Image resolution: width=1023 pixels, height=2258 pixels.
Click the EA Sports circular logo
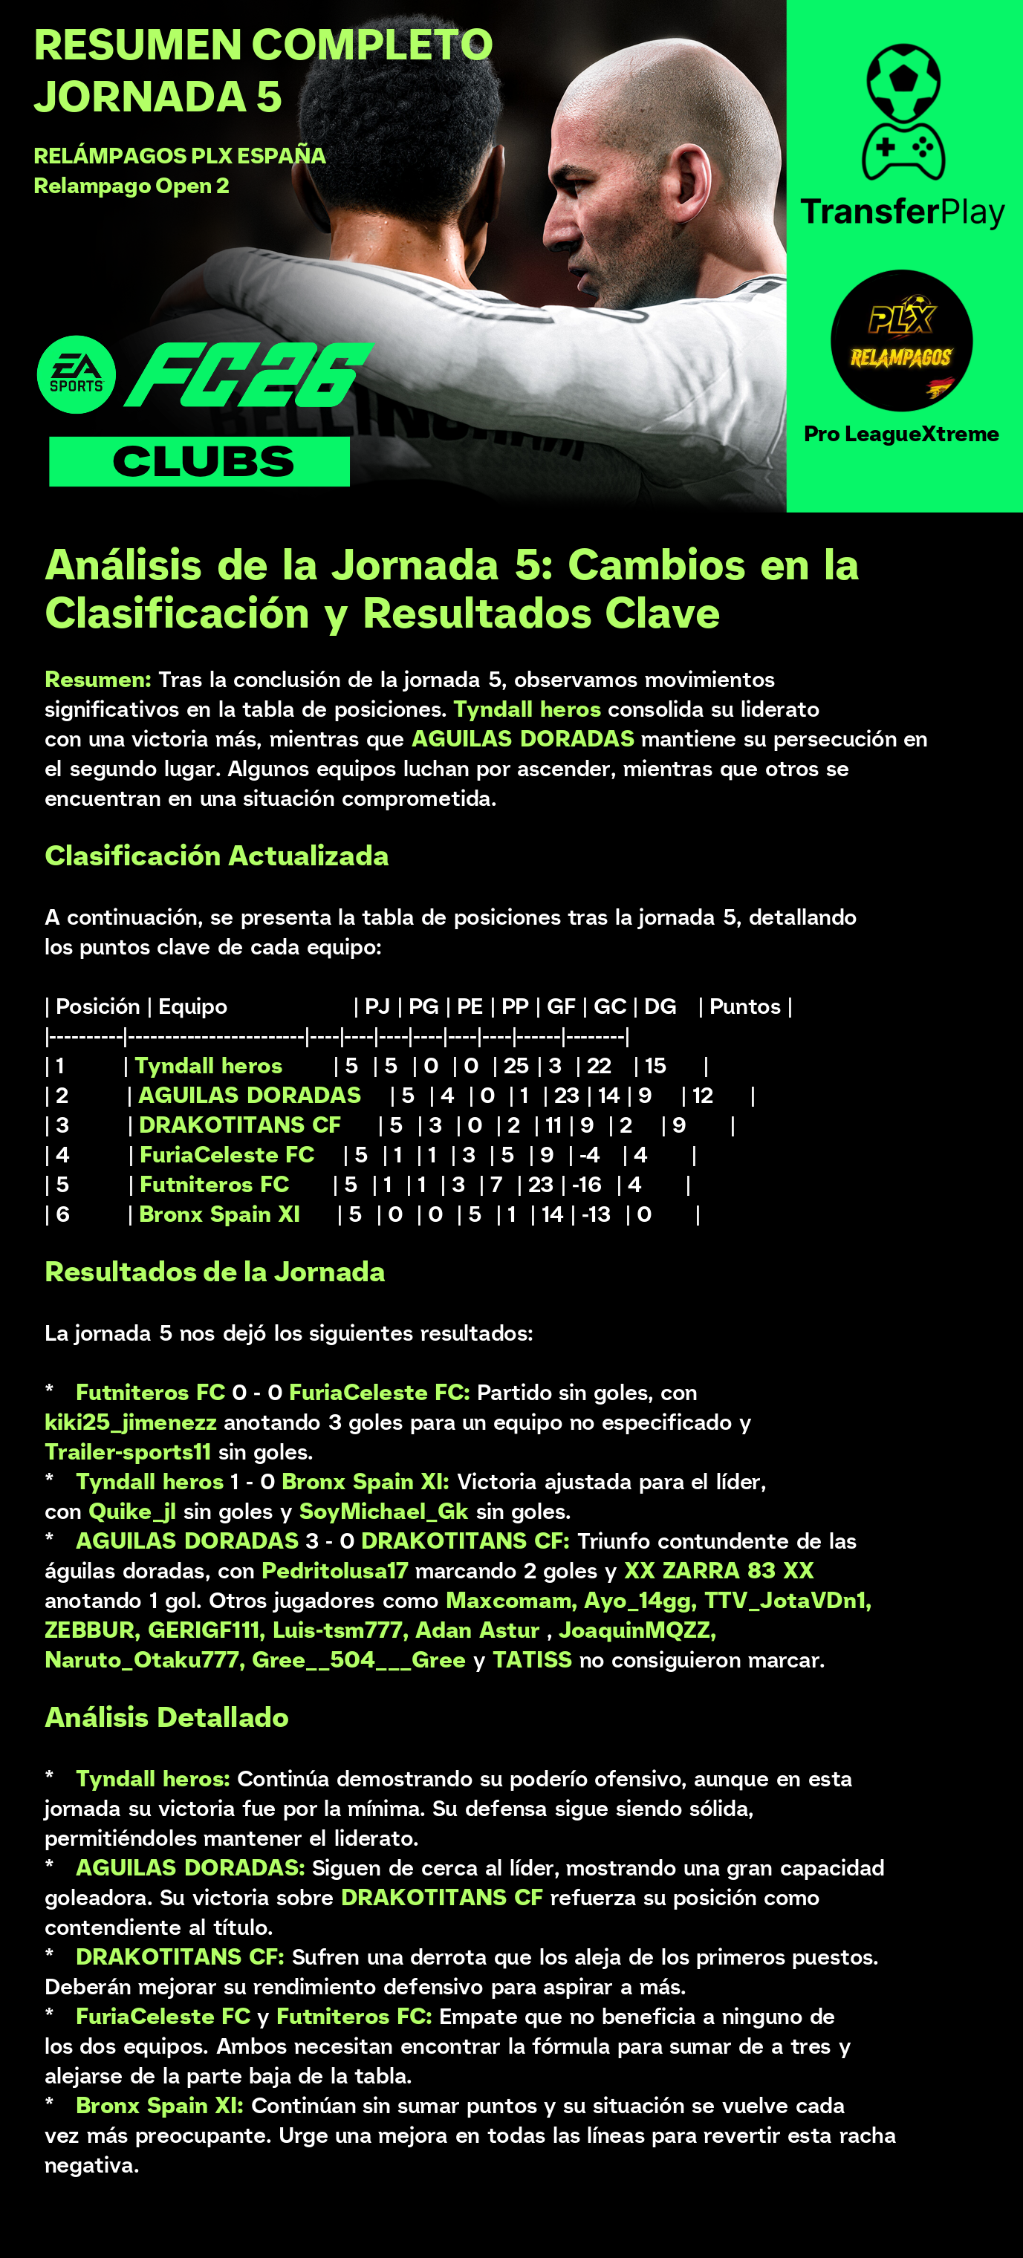77,374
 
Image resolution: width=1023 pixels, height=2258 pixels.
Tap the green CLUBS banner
200,462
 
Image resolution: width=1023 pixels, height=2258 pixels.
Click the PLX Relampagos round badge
901,341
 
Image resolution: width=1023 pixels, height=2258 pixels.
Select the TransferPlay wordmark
902,212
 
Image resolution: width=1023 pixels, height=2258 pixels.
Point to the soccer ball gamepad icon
903,112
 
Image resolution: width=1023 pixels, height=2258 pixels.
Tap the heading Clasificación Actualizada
216,856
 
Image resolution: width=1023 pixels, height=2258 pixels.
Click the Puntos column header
744,1006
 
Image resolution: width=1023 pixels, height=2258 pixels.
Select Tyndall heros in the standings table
209,1066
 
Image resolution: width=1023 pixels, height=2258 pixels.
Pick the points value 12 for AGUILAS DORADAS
703,1096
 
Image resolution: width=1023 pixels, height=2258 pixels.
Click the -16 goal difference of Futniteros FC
586,1185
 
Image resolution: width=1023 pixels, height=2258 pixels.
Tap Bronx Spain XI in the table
219,1215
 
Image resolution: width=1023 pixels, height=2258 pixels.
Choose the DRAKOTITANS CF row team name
239,1125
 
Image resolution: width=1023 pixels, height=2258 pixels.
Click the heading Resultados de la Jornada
215,1272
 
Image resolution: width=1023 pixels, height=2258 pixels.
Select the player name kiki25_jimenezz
131,1422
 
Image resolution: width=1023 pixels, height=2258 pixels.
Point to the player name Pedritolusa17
335,1571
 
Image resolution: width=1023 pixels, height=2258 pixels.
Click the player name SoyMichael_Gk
384,1512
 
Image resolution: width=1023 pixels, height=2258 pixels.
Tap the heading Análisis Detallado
166,1717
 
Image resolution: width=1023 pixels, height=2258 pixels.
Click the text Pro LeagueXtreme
901,434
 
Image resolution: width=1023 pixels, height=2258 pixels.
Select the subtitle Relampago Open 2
131,186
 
